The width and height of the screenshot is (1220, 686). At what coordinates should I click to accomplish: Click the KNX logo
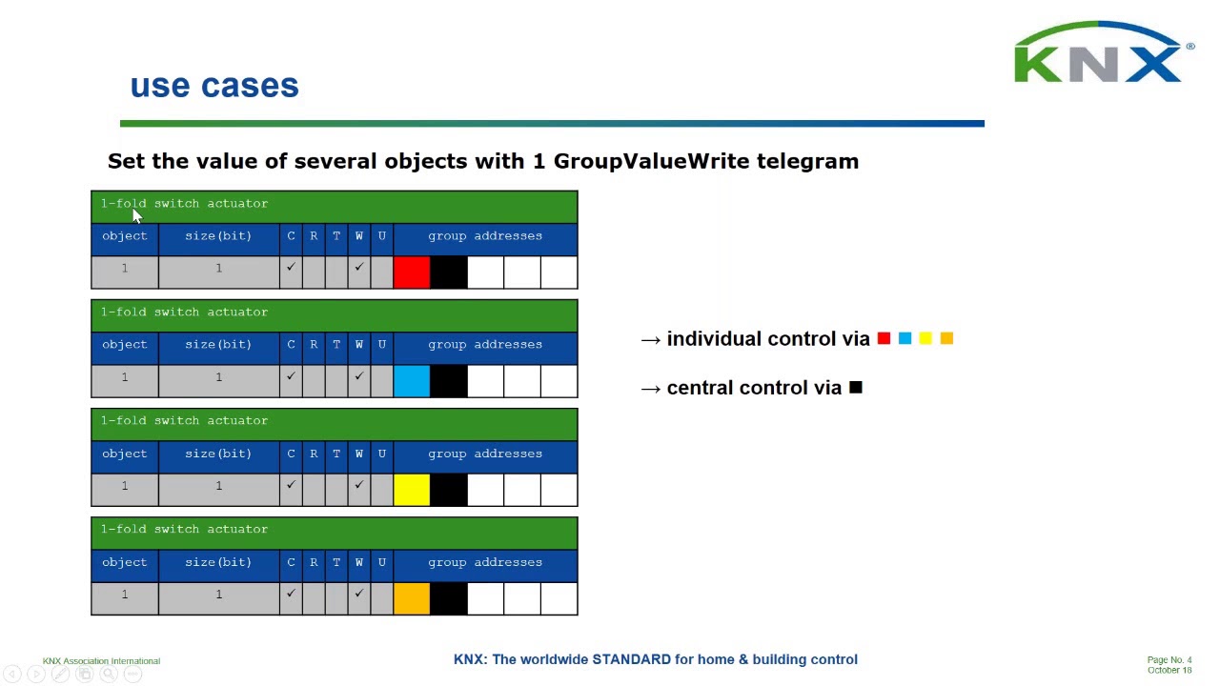coord(1100,55)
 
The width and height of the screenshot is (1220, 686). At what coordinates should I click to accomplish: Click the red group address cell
coord(412,272)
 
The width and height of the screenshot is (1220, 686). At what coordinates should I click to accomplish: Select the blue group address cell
coord(412,381)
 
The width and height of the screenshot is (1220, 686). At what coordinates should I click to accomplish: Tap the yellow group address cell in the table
coord(412,490)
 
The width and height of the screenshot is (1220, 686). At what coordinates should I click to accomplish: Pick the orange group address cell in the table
coord(412,598)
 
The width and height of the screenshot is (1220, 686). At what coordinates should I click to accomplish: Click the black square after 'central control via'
coord(856,387)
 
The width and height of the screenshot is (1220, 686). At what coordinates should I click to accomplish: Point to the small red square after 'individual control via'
coord(884,338)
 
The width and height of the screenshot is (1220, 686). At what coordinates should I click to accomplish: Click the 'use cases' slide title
coord(214,86)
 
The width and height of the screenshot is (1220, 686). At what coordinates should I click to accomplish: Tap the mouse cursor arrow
coord(136,216)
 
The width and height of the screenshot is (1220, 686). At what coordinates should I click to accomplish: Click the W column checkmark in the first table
coord(358,268)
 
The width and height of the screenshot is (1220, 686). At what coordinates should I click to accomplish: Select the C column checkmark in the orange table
coord(291,594)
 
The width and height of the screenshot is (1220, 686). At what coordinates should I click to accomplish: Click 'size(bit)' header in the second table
coord(218,344)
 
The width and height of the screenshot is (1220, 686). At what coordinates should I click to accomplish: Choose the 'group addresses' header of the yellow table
coord(484,454)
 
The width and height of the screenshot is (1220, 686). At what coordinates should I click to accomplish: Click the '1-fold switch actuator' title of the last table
coord(185,529)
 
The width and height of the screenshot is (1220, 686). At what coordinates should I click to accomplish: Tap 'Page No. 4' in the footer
coord(1169,659)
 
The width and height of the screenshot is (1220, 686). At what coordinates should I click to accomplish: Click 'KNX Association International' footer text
coord(101,660)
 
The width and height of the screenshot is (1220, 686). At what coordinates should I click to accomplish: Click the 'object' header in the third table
coord(125,454)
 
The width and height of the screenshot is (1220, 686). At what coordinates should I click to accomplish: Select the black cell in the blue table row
coord(449,381)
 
